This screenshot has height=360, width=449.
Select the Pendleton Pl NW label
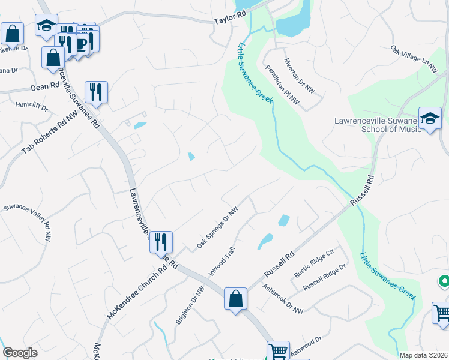click(x=282, y=85)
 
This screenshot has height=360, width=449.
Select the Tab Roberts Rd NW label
click(x=50, y=131)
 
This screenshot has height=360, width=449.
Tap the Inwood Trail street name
click(x=221, y=260)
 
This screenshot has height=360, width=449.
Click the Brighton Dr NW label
click(x=190, y=305)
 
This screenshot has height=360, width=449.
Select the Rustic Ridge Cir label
click(x=316, y=262)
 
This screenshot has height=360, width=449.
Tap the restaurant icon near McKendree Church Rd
click(x=161, y=242)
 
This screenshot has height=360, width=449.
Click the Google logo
click(x=20, y=353)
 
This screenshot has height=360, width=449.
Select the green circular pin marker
click(x=444, y=281)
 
